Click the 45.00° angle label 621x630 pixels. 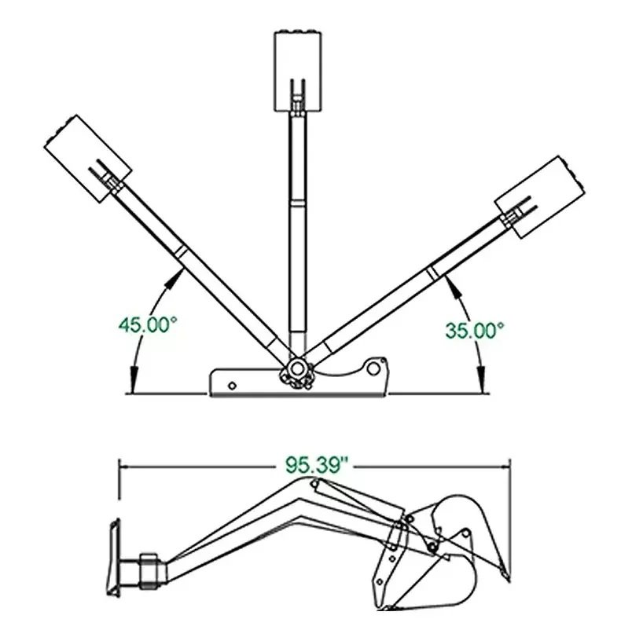pyautogui.click(x=148, y=324)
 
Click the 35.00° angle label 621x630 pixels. pyautogui.click(x=474, y=331)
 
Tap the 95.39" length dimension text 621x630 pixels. pyautogui.click(x=316, y=466)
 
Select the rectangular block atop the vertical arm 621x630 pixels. pyautogui.click(x=298, y=71)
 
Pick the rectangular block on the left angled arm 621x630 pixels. pyautogui.click(x=88, y=159)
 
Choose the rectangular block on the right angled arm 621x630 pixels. pyautogui.click(x=540, y=197)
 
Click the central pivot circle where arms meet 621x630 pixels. pyautogui.click(x=297, y=368)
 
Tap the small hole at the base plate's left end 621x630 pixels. pyautogui.click(x=232, y=386)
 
